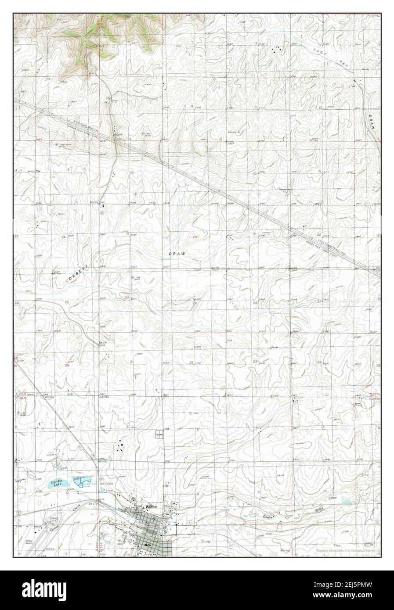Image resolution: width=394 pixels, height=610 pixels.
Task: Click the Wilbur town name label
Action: click(x=151, y=508)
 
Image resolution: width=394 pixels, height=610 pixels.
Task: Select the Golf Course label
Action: click(x=107, y=484)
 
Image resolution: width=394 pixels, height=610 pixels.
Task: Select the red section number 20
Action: click(x=195, y=237)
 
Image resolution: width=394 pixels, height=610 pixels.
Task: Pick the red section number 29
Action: click(x=195, y=303)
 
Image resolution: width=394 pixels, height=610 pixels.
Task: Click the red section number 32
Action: click(x=192, y=362)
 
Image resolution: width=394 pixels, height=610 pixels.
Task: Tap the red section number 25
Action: click(x=67, y=302)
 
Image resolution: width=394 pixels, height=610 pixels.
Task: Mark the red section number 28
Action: click(x=255, y=303)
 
